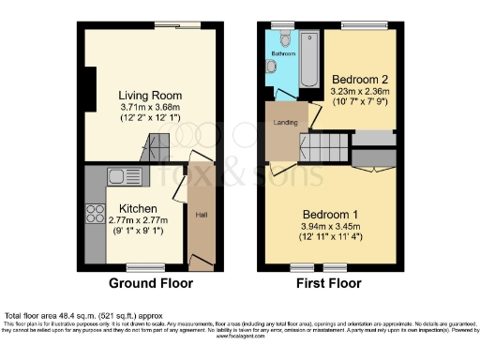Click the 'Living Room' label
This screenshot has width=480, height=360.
tap(150, 95)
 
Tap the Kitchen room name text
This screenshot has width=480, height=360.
tap(139, 208)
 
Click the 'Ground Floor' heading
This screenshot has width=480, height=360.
tap(151, 282)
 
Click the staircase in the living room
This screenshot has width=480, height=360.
tap(157, 148)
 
